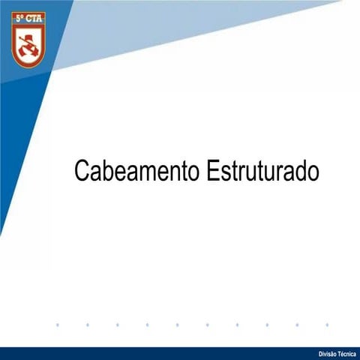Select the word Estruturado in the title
[x=262, y=170]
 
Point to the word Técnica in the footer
[x=347, y=353]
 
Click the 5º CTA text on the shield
[x=28, y=16]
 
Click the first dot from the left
[x=58, y=325]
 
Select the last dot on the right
[x=327, y=325]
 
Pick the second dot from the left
[x=88, y=325]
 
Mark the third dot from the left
[x=118, y=325]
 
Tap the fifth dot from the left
[x=178, y=325]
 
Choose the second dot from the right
[x=297, y=325]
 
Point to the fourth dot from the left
[x=148, y=325]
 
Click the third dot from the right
[x=267, y=325]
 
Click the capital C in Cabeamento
[x=81, y=170]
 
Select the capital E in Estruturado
[x=211, y=170]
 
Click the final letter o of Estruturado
[x=313, y=172]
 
